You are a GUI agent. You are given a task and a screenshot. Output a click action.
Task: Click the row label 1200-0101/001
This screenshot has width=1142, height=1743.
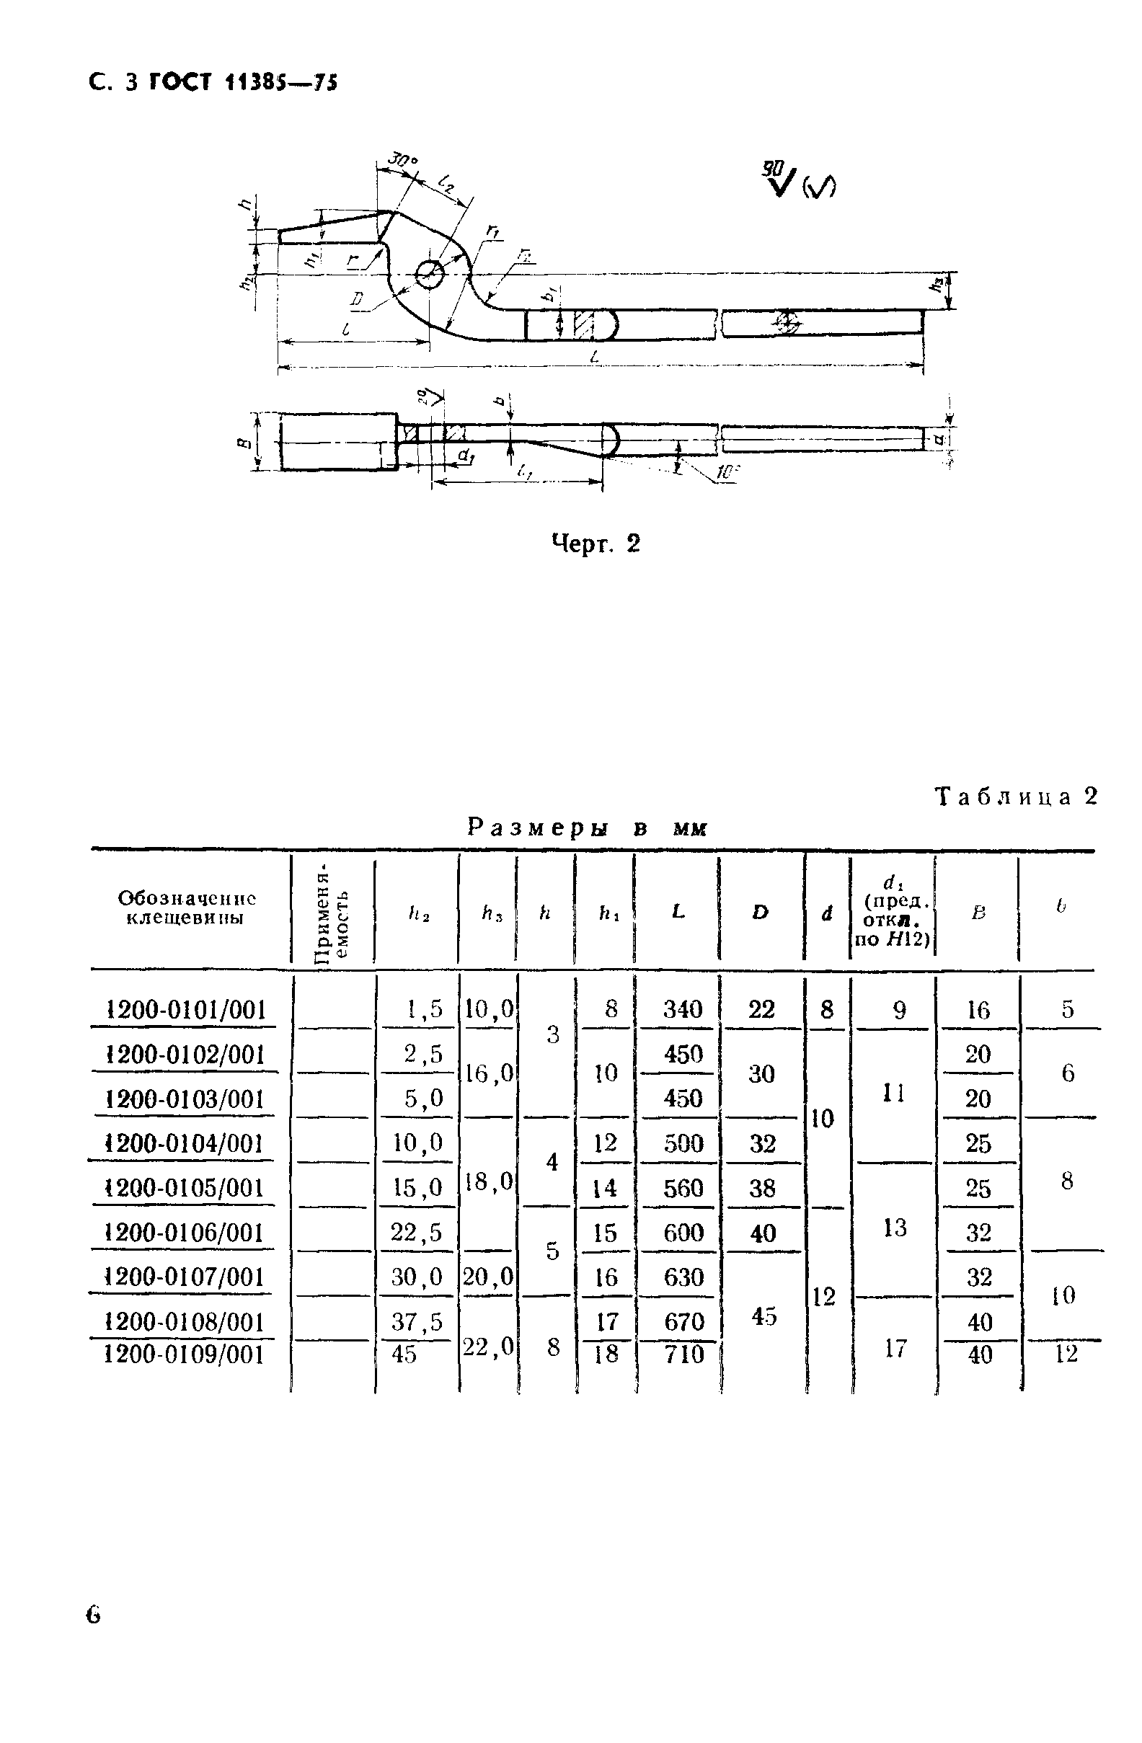coord(185,1010)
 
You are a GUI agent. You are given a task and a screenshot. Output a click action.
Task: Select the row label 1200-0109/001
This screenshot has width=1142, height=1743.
coord(184,1354)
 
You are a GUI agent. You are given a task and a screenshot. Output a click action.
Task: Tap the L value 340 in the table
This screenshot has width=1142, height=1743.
coord(682,1009)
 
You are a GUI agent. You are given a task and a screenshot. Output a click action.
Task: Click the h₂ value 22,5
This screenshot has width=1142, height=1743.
coord(416,1233)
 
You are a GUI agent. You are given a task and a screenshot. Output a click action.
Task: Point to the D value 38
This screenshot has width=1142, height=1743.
coord(762,1188)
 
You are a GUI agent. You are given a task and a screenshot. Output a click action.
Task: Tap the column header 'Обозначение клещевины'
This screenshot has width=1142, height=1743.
coord(186,908)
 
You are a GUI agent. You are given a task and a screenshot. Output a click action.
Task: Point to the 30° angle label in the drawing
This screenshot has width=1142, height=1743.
coord(402,159)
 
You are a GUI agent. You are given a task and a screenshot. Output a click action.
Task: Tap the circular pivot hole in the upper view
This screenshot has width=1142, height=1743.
coord(430,275)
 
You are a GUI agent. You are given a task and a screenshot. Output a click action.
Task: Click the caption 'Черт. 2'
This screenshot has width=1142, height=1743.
coord(595,544)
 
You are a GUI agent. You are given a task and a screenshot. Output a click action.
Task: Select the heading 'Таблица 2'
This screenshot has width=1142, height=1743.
coord(1017,797)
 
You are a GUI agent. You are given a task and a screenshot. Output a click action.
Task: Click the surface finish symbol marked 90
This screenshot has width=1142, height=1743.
coord(779,178)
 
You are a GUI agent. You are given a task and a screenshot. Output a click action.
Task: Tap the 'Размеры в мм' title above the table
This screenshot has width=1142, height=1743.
coord(587,828)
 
